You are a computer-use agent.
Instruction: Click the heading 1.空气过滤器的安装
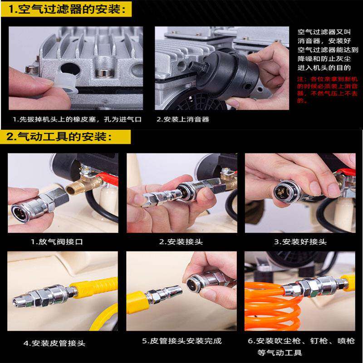(x=68, y=9)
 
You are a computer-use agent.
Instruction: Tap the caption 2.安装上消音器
(x=183, y=120)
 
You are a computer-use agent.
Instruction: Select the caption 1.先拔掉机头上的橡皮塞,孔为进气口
(x=77, y=120)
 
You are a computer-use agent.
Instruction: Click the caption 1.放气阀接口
(x=57, y=242)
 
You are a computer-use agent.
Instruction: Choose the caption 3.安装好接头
(x=300, y=242)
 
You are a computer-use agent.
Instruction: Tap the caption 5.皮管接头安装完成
(x=181, y=341)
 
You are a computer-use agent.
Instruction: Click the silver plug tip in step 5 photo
(x=175, y=293)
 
